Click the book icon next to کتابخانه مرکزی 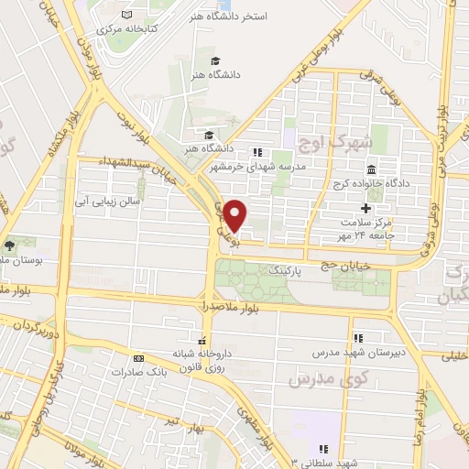[x=126, y=16]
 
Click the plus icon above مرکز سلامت [x=365, y=209]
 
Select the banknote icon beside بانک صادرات [x=139, y=358]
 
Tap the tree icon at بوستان [x=10, y=245]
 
